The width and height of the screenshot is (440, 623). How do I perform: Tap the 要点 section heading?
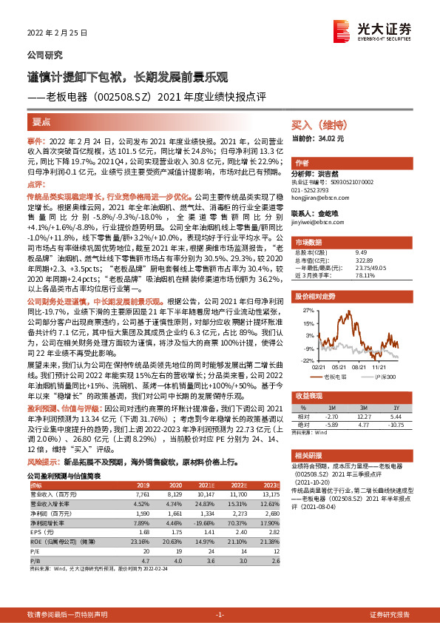pyautogui.click(x=41, y=122)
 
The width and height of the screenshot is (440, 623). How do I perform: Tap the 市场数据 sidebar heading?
pyautogui.click(x=309, y=241)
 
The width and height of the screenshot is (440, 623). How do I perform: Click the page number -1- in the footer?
pyautogui.click(x=220, y=615)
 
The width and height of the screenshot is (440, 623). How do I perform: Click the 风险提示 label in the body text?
pyautogui.click(x=44, y=460)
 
